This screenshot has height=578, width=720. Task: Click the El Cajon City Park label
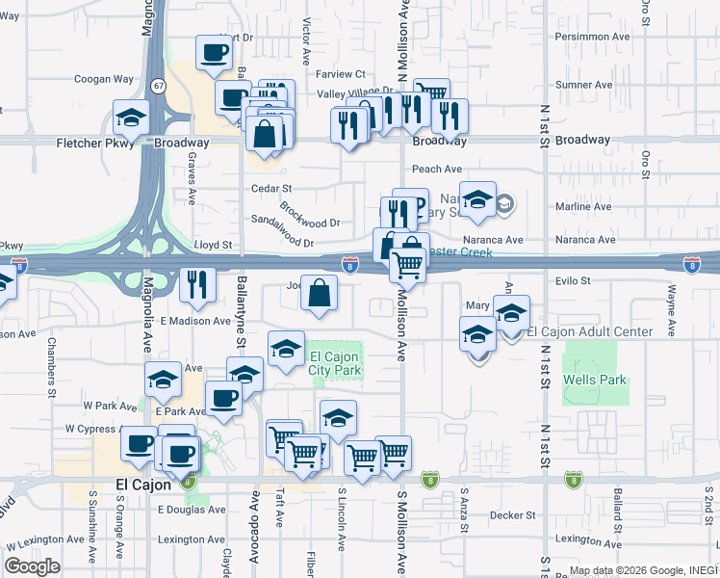tap(335, 362)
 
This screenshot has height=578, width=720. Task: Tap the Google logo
tap(32, 566)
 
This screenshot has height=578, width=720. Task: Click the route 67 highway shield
tap(157, 86)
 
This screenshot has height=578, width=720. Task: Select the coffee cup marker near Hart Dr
tap(214, 52)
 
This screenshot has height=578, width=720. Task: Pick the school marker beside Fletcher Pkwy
tap(130, 118)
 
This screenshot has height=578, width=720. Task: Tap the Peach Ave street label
tap(438, 169)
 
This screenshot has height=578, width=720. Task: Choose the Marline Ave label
tap(583, 206)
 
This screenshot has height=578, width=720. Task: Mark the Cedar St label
tap(271, 188)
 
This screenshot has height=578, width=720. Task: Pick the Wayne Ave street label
tap(667, 307)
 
